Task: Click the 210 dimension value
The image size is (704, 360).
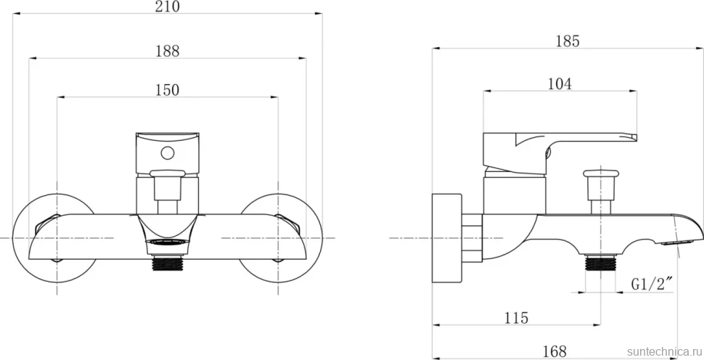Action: point(168,7)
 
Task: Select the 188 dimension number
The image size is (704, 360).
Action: point(168,52)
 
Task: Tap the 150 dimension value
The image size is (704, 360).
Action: point(168,90)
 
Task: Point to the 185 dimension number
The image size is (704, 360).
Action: point(568,41)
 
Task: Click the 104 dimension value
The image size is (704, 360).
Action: point(560,84)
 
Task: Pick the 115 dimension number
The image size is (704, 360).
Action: point(516,318)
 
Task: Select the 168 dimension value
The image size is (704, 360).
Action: point(554,351)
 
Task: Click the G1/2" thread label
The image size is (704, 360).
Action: point(652,284)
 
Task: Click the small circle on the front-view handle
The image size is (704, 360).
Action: point(168,154)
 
